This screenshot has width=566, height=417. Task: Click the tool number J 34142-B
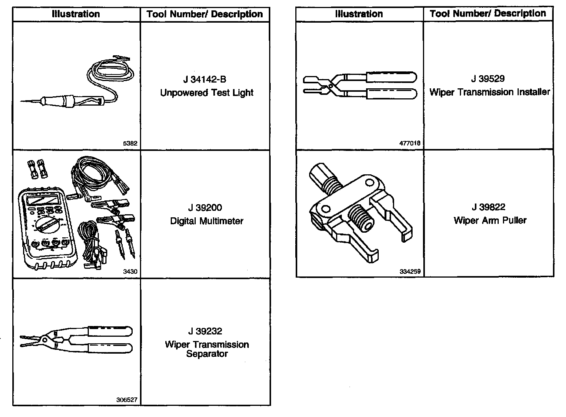point(205,79)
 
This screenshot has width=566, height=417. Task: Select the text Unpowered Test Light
point(207,93)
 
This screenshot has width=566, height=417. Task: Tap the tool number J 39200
point(205,208)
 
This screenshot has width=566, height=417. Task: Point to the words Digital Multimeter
point(207,221)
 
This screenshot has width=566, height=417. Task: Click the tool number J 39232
point(205,331)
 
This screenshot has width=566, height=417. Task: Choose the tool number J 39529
point(488,79)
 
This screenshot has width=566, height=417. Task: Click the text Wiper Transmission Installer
point(489,92)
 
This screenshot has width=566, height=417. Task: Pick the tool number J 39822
point(488,207)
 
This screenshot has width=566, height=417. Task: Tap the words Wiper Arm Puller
point(490,220)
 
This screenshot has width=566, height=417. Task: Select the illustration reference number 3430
point(130,272)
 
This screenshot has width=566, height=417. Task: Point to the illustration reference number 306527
point(127,400)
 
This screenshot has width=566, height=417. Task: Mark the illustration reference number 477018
point(410,143)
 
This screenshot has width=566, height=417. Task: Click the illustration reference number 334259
point(410,271)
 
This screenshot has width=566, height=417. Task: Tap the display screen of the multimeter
point(41,199)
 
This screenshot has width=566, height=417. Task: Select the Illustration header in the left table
point(76,14)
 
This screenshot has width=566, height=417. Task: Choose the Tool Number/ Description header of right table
point(488,14)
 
